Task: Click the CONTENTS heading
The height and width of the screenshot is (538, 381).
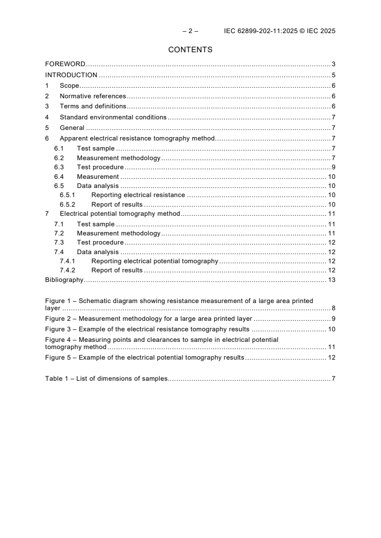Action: pos(190,49)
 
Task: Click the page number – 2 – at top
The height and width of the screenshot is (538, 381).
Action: pos(190,31)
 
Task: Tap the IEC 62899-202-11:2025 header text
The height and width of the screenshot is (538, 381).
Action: pos(280,31)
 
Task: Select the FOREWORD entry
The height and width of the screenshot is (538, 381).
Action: pos(65,64)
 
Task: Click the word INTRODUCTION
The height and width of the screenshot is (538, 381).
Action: pos(71,75)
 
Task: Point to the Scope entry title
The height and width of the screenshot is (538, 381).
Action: pos(69,85)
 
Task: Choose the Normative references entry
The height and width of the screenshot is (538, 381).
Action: pos(93,96)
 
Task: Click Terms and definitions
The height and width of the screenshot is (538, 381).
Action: pos(93,106)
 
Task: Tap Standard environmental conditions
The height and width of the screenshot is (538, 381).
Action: pos(113,117)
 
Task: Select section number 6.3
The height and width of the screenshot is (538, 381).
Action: pos(59,167)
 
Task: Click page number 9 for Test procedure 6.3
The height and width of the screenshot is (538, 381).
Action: pos(333,167)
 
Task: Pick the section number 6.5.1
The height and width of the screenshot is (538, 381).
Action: pos(67,195)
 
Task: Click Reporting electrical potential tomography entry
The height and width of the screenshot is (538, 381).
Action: pos(155,261)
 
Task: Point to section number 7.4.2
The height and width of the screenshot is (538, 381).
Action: pos(67,270)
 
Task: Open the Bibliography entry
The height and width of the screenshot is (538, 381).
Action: pos(64,280)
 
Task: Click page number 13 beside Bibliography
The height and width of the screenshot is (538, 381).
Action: pos(332,280)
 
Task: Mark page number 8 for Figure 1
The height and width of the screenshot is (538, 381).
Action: pos(333,308)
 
